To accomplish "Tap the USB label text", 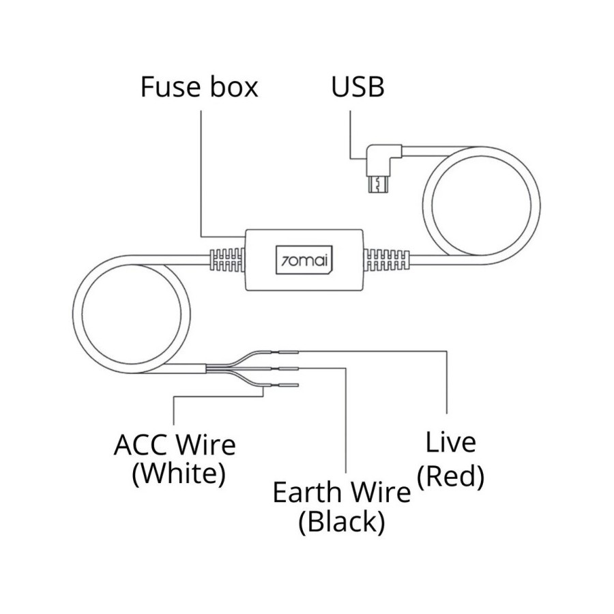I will tap(357, 87).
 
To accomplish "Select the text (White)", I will tap(178, 473).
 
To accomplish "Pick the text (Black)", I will tap(341, 522).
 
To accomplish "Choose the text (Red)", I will tap(450, 477).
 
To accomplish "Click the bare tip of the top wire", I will tap(289, 352).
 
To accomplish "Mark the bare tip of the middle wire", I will tap(289, 369).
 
